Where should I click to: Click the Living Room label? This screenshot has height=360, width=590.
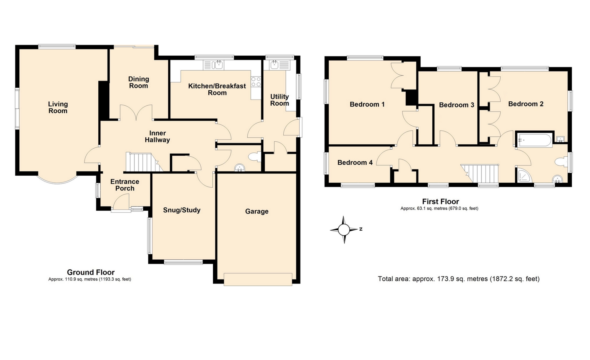(58, 108)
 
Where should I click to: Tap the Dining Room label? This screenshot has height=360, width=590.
(139, 82)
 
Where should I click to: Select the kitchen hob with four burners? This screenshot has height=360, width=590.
(256, 82)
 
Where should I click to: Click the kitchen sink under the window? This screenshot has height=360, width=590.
(219, 65)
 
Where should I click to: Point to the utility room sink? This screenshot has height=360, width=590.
(274, 65)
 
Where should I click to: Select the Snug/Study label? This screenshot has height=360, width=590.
(182, 210)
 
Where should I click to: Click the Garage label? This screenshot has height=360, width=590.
(257, 211)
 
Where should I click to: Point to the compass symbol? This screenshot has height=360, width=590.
(344, 229)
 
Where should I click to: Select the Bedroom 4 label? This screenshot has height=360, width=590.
(355, 162)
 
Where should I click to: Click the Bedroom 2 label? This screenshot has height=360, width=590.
(525, 104)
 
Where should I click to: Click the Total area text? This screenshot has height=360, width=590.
(458, 279)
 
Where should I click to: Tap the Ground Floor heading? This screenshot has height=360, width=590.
(91, 272)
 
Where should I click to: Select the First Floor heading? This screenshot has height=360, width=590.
(440, 202)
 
